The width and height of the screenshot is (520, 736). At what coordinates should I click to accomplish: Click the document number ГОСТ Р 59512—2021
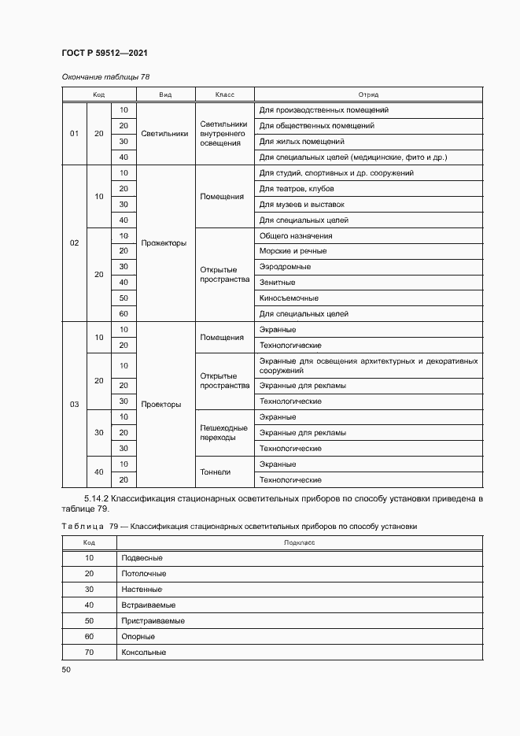(x=105, y=53)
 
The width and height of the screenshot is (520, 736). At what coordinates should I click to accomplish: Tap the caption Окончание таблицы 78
(x=105, y=77)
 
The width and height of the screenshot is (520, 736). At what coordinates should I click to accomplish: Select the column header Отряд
(x=368, y=94)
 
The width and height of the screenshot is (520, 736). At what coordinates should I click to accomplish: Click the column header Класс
(x=224, y=94)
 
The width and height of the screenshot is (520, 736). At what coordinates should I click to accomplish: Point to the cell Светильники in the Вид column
(x=164, y=134)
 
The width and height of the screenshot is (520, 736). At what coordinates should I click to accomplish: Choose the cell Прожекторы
(x=164, y=243)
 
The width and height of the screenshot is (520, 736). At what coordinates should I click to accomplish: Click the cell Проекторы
(x=161, y=405)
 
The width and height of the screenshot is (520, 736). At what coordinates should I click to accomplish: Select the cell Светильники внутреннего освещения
(x=224, y=134)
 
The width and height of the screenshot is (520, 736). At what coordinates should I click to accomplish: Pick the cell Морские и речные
(x=293, y=251)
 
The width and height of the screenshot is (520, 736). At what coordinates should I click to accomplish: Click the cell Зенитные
(x=277, y=283)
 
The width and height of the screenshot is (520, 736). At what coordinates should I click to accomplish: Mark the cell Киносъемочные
(x=288, y=298)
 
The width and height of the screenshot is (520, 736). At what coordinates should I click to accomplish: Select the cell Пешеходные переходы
(x=224, y=432)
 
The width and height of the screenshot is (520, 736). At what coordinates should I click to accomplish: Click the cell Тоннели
(x=215, y=472)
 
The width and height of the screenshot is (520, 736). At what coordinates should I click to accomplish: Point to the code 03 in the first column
(x=75, y=405)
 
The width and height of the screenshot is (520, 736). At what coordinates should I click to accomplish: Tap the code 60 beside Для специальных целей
(x=124, y=314)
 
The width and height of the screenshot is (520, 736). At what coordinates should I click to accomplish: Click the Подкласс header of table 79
(x=299, y=542)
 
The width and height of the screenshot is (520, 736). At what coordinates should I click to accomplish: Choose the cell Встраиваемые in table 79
(x=148, y=605)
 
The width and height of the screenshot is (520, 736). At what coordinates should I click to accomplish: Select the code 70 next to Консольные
(x=89, y=653)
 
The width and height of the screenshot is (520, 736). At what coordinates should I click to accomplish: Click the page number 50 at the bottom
(x=66, y=669)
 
